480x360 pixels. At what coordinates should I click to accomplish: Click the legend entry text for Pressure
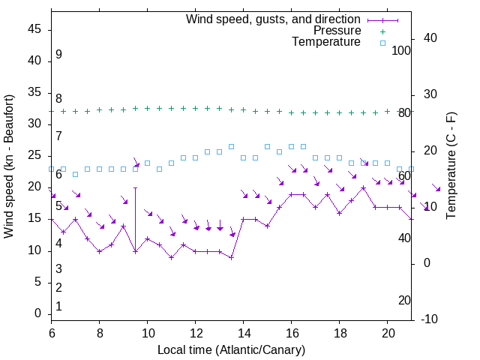pyautogui.click(x=337, y=31)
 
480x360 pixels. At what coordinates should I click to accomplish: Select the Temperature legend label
pyautogui.click(x=326, y=42)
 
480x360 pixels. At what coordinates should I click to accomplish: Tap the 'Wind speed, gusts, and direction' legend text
pyautogui.click(x=274, y=19)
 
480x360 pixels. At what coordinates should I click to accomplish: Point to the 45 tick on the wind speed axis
pyautogui.click(x=34, y=29)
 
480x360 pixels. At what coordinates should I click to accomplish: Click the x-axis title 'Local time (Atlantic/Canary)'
pyautogui.click(x=231, y=349)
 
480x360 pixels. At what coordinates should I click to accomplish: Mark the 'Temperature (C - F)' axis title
pyautogui.click(x=451, y=165)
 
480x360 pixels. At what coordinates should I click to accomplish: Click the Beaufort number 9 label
pyautogui.click(x=58, y=55)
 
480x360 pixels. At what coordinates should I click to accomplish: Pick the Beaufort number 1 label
pyautogui.click(x=58, y=307)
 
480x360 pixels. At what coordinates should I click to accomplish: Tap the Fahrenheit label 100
pyautogui.click(x=401, y=50)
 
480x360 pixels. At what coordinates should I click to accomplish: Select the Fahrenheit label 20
pyautogui.click(x=404, y=301)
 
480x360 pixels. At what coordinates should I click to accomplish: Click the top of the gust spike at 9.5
pyautogui.click(x=135, y=187)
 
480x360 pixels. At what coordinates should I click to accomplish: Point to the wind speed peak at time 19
pyautogui.click(x=363, y=187)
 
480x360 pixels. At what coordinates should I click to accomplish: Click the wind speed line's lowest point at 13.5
pyautogui.click(x=231, y=257)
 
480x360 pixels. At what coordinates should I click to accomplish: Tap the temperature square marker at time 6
pyautogui.click(x=51, y=169)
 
